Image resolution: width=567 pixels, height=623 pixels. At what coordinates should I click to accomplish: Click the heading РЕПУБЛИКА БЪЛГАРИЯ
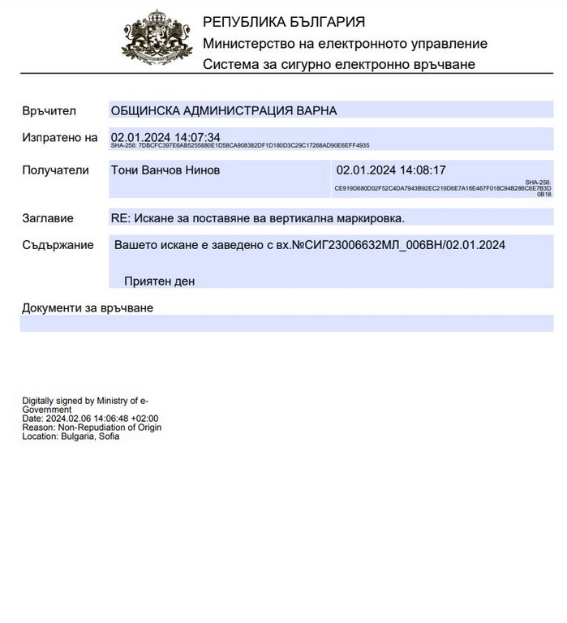tap(283, 22)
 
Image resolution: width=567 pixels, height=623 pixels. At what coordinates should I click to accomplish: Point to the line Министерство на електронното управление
tap(345, 44)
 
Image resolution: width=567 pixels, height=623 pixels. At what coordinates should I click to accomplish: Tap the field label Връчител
tap(49, 110)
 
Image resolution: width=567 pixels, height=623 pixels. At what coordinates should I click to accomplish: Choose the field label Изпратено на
tap(59, 138)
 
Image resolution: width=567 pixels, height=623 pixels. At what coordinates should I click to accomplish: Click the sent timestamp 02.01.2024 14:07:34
tap(165, 137)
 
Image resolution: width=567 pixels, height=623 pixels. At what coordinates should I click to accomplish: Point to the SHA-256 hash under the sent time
tap(240, 146)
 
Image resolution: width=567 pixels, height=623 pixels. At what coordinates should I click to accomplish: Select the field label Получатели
tap(55, 170)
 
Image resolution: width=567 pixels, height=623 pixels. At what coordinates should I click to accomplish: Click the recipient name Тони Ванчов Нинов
tap(165, 170)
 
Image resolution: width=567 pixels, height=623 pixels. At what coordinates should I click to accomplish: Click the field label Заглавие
tap(48, 218)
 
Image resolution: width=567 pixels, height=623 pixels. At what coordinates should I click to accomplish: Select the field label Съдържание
tap(57, 245)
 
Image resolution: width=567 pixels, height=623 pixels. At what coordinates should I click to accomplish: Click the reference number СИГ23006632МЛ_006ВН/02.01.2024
tap(398, 244)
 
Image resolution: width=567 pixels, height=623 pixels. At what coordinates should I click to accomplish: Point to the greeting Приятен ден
tap(160, 281)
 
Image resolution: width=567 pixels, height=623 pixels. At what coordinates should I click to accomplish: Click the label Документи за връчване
tap(87, 308)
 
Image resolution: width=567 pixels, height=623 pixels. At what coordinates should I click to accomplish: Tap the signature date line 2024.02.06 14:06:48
tap(89, 419)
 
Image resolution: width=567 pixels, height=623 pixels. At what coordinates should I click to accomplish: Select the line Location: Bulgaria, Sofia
tap(71, 436)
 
